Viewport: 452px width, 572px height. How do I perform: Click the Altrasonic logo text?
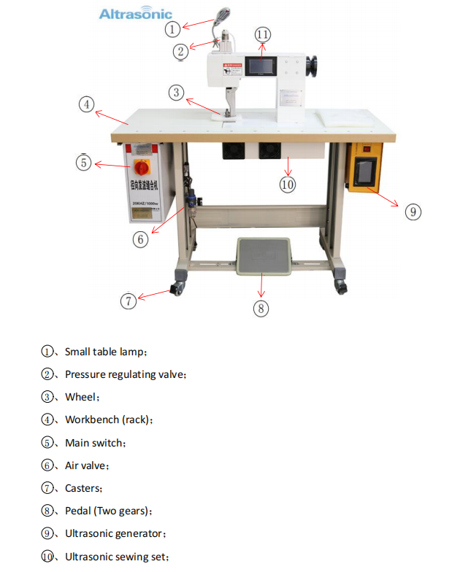[x=135, y=14]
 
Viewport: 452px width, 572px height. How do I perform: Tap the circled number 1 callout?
[x=172, y=29]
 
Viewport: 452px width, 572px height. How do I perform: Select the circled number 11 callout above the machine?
[x=263, y=35]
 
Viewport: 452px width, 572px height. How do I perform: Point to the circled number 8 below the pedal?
[x=261, y=308]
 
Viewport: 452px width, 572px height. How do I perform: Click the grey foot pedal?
[x=262, y=255]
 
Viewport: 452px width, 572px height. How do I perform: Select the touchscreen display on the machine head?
[x=261, y=68]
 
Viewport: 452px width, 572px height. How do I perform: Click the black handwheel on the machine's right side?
[x=316, y=66]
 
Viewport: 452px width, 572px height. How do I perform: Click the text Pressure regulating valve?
[x=125, y=374]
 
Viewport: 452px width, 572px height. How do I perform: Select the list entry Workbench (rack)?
[x=108, y=420]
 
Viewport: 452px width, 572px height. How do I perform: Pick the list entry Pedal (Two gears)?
[x=107, y=511]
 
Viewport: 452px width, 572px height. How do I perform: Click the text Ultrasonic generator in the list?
[x=115, y=534]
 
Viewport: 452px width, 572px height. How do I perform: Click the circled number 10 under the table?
[x=288, y=185]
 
